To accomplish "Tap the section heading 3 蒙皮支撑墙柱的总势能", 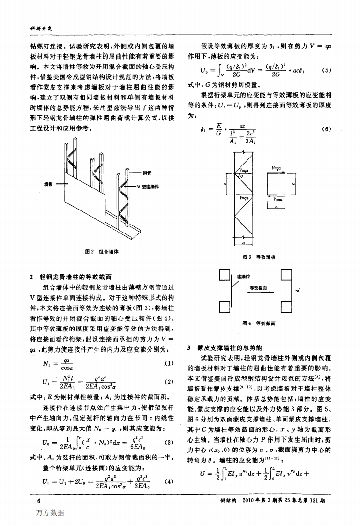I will tap(225, 348).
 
